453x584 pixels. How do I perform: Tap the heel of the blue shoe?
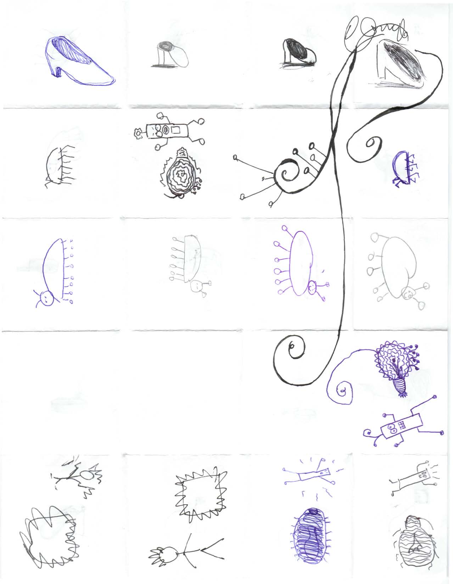pyautogui.click(x=56, y=71)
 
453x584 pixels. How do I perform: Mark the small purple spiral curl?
pyautogui.click(x=342, y=392)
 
